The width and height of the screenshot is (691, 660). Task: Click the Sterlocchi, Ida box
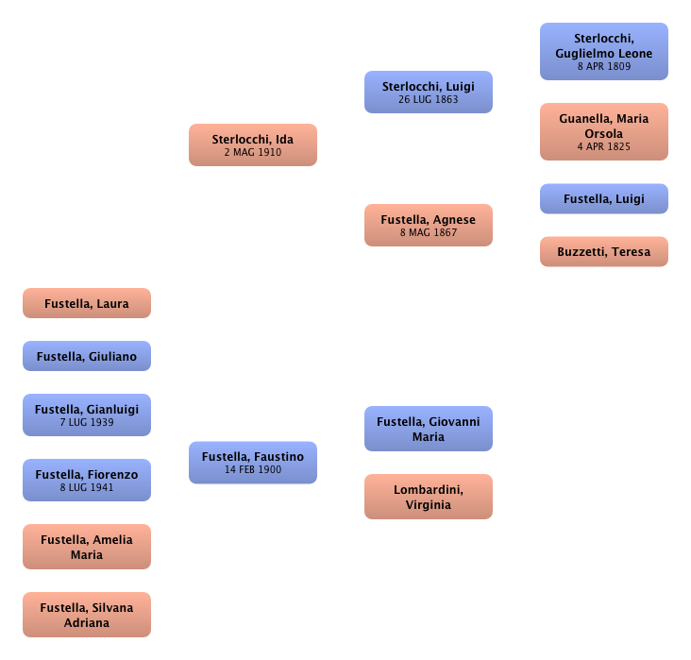(253, 144)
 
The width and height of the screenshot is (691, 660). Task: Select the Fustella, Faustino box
(253, 462)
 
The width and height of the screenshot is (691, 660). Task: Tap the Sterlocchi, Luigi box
(429, 92)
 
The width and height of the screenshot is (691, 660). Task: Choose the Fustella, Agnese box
(429, 225)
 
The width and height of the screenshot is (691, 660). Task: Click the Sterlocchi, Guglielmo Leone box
(604, 52)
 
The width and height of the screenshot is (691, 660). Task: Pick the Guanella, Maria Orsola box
(604, 132)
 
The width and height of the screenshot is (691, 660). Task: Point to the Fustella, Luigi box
(604, 199)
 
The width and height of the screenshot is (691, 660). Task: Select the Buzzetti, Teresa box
(604, 252)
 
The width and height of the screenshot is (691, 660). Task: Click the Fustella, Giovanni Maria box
(429, 430)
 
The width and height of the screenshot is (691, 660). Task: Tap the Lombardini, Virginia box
(429, 497)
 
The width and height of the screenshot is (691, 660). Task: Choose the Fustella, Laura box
(87, 304)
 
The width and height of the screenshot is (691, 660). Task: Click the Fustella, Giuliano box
(87, 357)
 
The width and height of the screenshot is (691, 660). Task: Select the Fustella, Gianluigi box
(87, 415)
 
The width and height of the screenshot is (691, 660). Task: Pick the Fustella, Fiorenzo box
(87, 480)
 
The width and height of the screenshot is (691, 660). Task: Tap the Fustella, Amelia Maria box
(87, 547)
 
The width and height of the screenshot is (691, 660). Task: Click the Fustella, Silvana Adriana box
(87, 615)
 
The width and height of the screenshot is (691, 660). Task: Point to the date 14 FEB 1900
(253, 469)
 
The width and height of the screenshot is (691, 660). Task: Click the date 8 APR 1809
(604, 67)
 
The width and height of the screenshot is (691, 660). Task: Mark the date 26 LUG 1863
(429, 99)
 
